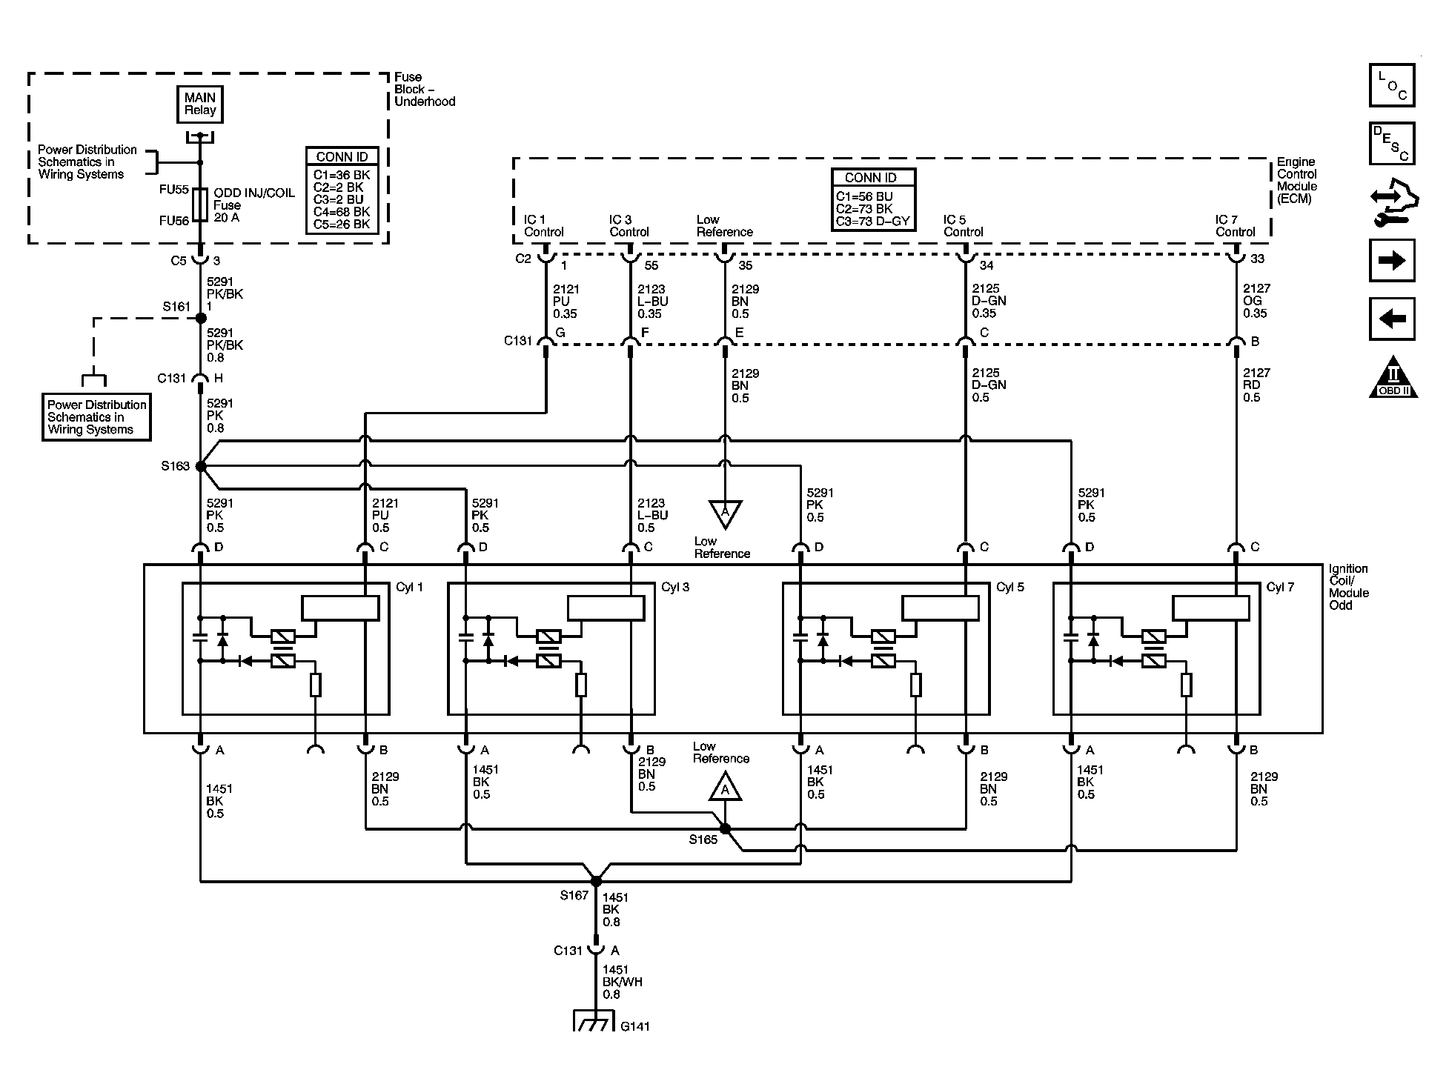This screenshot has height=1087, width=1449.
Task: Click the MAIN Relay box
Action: [200, 104]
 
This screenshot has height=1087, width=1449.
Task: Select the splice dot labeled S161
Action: [201, 318]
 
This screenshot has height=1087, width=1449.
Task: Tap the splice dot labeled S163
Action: [201, 466]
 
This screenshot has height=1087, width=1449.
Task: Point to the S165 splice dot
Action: [725, 828]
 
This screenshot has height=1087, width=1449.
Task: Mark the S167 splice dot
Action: [596, 881]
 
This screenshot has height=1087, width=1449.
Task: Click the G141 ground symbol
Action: [594, 1022]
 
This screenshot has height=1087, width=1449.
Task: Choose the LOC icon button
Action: [1392, 85]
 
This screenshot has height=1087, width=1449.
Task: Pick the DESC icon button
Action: [1392, 143]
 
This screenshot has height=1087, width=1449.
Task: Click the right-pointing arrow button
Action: [1392, 260]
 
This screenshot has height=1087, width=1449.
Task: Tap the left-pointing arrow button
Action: [1392, 319]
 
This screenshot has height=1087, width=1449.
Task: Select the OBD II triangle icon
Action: [1393, 377]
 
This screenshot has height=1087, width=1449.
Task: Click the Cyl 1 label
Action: [409, 587]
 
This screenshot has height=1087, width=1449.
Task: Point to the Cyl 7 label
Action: [1280, 587]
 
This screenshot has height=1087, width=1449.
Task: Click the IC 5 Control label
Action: [963, 226]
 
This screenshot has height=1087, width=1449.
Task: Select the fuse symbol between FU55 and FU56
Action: [200, 204]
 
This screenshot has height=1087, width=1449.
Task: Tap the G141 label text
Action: [635, 1026]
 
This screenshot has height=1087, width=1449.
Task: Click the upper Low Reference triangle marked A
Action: [725, 513]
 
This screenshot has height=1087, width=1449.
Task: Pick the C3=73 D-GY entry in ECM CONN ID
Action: [872, 221]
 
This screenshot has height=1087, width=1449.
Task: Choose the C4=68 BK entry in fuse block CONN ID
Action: [342, 212]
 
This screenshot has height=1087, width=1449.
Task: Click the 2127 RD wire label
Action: [1251, 385]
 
